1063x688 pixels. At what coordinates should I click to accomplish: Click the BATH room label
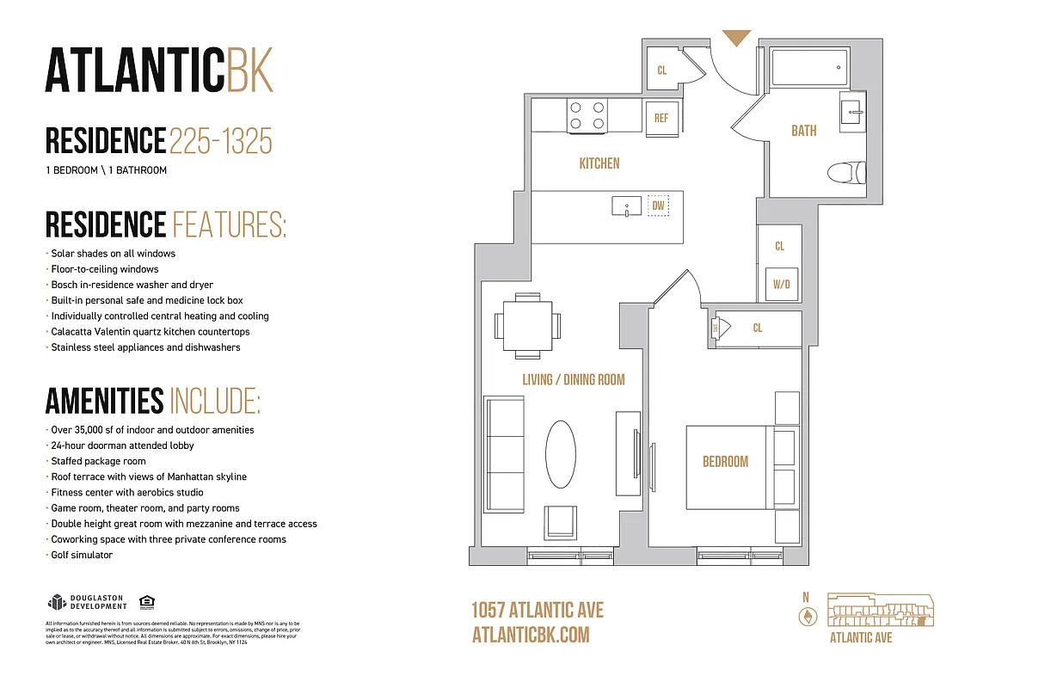click(x=803, y=131)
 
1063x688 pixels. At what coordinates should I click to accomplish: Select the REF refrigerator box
click(x=661, y=118)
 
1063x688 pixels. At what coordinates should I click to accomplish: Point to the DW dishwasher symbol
click(x=658, y=206)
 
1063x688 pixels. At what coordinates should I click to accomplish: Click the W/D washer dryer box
click(x=781, y=283)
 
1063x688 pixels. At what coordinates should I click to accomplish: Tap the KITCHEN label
click(x=599, y=163)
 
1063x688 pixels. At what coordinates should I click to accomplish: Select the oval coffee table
click(x=562, y=453)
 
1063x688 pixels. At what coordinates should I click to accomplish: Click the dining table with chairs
click(x=527, y=326)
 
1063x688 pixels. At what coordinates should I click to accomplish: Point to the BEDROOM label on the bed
click(x=725, y=462)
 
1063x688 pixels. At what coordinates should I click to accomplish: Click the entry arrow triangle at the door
click(x=735, y=38)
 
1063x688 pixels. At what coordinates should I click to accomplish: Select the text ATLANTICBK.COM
click(x=531, y=635)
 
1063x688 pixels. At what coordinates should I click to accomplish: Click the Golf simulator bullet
click(x=82, y=555)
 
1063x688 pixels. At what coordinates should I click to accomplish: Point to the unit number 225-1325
click(x=221, y=140)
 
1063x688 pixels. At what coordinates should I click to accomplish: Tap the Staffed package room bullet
click(x=98, y=461)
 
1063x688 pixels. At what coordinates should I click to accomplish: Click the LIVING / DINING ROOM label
click(x=573, y=379)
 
